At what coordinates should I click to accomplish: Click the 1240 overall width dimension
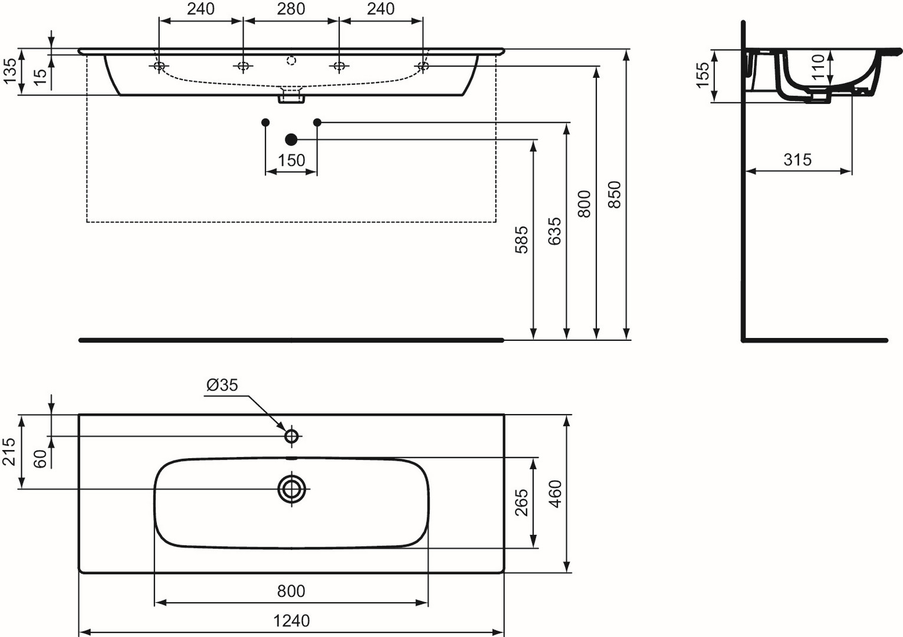point(291,620)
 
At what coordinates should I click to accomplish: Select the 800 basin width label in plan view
point(291,591)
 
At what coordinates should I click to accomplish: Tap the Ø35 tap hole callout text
point(222,385)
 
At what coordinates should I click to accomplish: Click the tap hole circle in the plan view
point(291,436)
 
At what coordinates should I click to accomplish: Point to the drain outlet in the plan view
point(291,489)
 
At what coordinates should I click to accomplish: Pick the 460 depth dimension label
point(555,494)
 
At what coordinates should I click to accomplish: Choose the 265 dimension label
point(522,502)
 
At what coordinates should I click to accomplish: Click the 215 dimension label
point(9,451)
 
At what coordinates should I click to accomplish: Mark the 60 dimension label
point(40,458)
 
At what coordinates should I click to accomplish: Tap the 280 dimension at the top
point(291,9)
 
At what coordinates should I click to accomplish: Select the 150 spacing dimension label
point(291,160)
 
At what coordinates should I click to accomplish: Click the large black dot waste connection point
point(291,140)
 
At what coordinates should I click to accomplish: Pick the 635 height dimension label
point(555,232)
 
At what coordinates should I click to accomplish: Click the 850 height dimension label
point(615,195)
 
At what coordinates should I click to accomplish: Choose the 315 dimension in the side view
point(797,160)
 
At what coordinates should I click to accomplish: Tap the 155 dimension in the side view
point(702,75)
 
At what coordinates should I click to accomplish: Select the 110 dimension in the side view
point(817,67)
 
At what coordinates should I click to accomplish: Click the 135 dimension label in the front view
point(9,71)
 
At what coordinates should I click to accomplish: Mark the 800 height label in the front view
point(584,204)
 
